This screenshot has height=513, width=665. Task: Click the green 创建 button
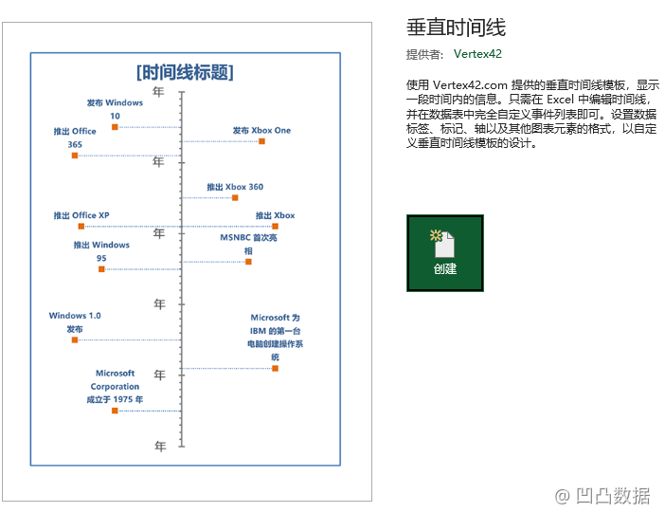tap(444, 253)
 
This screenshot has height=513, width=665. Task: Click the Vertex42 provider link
tap(477, 54)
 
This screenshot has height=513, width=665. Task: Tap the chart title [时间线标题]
tap(185, 72)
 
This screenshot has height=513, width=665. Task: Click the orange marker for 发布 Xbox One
tap(261, 141)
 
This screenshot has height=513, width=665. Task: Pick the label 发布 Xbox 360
tap(235, 187)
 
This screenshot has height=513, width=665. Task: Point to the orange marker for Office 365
tap(75, 156)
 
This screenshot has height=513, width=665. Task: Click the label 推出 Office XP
tap(81, 215)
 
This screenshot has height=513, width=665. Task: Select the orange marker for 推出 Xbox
tap(275, 227)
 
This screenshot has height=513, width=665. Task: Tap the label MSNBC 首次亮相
tap(248, 245)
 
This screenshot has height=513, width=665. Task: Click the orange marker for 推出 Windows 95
tap(101, 269)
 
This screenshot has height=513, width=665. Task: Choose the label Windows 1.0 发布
tap(75, 322)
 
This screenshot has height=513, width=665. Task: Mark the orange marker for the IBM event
tap(275, 368)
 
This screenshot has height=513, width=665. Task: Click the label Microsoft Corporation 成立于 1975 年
tap(115, 386)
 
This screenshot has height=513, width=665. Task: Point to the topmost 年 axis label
tap(159, 92)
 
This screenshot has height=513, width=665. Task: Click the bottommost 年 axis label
tap(160, 446)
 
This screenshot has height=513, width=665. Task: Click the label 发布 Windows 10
tap(115, 109)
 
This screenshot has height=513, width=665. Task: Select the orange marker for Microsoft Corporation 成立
tap(115, 411)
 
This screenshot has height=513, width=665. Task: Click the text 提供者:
tap(424, 54)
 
